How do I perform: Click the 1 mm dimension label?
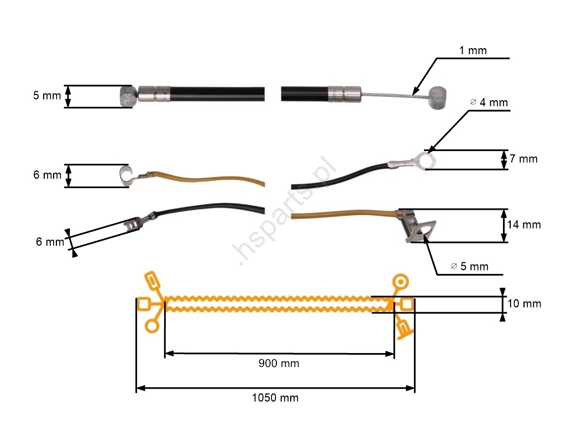pyautogui.click(x=473, y=51)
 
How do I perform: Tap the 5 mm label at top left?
pyautogui.click(x=47, y=96)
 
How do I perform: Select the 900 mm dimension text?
pyautogui.click(x=279, y=364)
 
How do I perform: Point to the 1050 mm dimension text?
pyautogui.click(x=275, y=398)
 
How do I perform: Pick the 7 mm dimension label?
pyautogui.click(x=523, y=159)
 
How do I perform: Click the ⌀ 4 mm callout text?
pyautogui.click(x=489, y=102)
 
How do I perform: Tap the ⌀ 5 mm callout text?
pyautogui.click(x=470, y=267)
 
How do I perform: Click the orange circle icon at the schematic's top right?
pyautogui.click(x=399, y=282)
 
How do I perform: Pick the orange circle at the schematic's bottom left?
pyautogui.click(x=151, y=326)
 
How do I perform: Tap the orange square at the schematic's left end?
pyautogui.click(x=144, y=304)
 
